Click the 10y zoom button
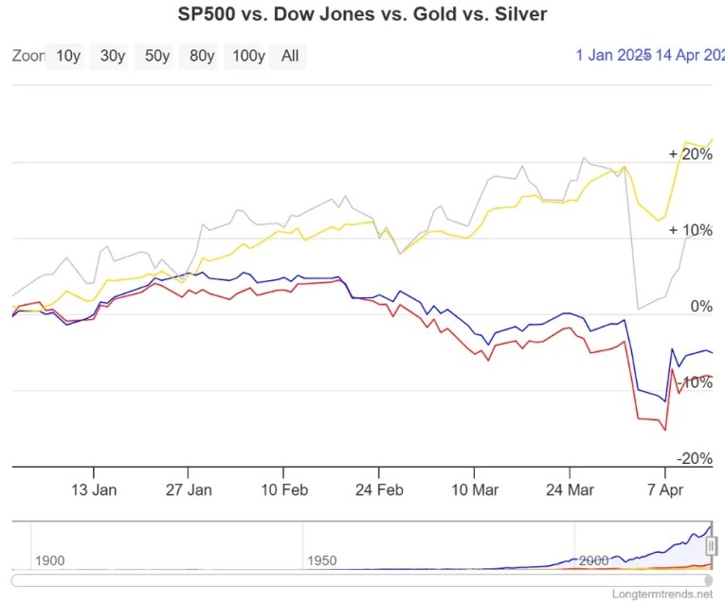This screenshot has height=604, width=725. (x=68, y=56)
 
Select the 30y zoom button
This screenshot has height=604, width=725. (x=113, y=56)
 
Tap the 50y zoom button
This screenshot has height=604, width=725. (x=157, y=56)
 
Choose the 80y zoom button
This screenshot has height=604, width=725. (x=202, y=56)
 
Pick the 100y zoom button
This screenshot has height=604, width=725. (x=248, y=56)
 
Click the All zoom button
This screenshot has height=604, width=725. (x=290, y=56)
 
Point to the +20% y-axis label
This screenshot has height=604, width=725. (x=690, y=154)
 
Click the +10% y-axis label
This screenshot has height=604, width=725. (x=690, y=230)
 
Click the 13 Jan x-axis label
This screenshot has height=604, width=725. (x=94, y=490)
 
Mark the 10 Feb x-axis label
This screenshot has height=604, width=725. (x=283, y=490)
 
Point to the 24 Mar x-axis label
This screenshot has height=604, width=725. (x=570, y=490)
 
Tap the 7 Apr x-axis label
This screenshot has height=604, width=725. (x=664, y=490)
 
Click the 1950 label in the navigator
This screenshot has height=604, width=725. (x=322, y=560)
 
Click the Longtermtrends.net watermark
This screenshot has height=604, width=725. (x=664, y=594)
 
